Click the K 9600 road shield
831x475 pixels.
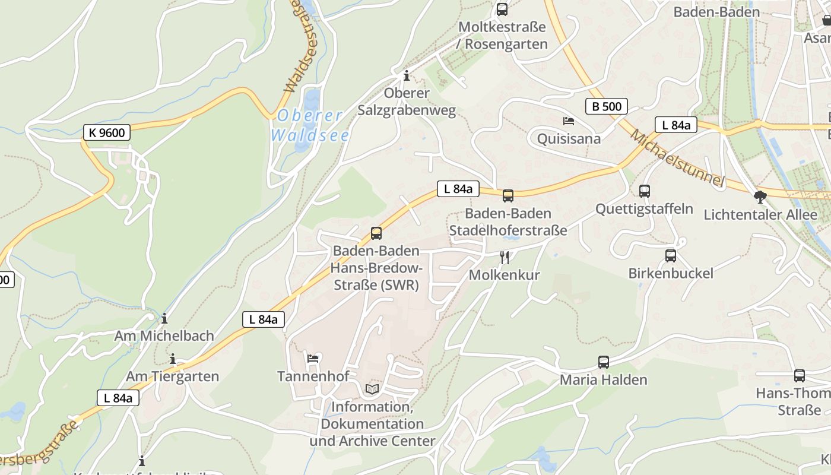107,133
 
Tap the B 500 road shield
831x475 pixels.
606,106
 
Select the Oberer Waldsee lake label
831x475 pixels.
310,125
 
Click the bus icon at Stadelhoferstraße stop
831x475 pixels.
508,196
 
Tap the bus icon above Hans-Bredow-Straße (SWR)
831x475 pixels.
376,233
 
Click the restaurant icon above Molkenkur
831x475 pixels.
505,257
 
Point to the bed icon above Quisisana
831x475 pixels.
569,121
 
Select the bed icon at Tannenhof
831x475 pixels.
313,358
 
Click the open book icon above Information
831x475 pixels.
372,389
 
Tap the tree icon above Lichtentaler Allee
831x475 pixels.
760,197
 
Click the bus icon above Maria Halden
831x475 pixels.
604,362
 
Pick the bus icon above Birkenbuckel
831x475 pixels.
671,256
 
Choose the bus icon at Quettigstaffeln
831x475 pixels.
645,191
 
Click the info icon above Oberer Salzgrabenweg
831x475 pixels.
407,75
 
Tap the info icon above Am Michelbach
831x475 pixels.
164,318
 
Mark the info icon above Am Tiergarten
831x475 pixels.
173,359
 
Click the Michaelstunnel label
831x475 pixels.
677,157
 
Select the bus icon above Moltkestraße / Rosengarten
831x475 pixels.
502,9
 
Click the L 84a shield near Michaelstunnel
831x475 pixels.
675,125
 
